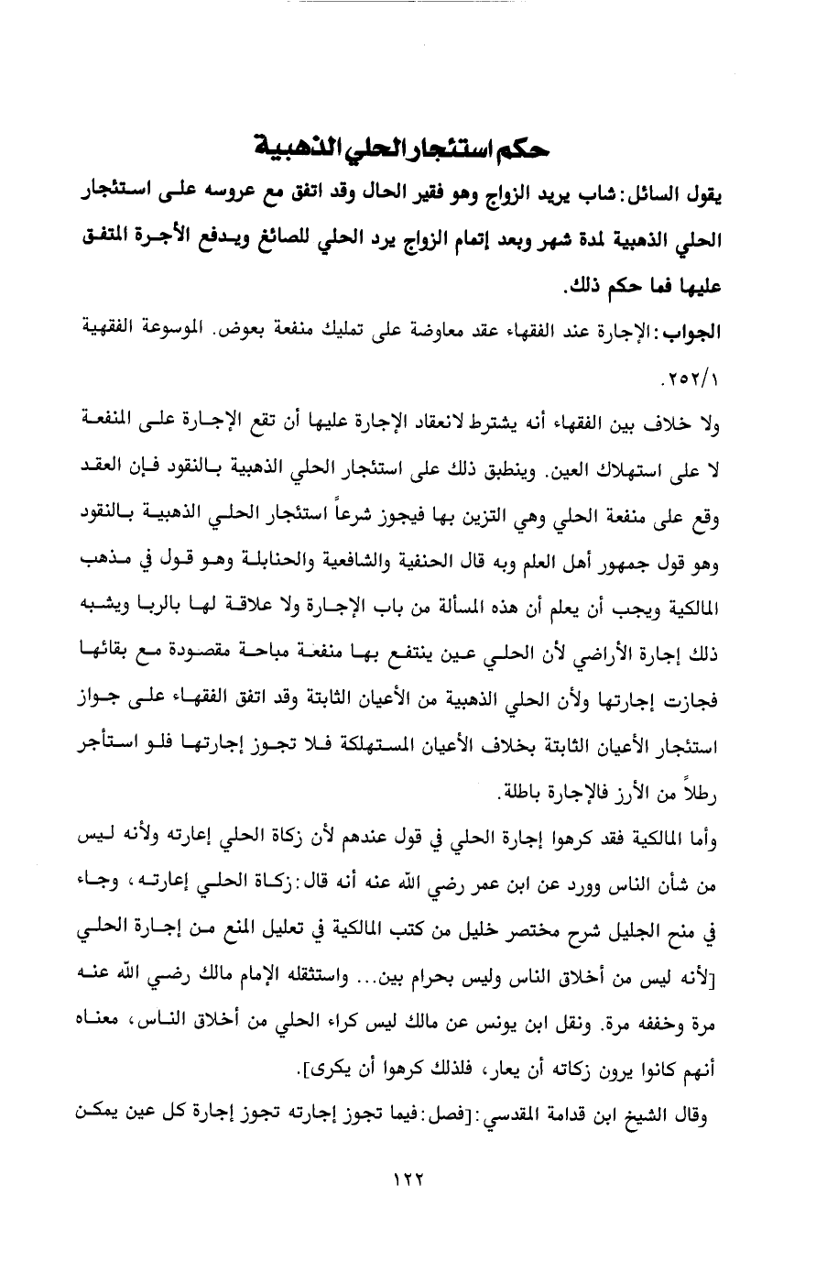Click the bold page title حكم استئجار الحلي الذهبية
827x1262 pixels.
click(x=412, y=147)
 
